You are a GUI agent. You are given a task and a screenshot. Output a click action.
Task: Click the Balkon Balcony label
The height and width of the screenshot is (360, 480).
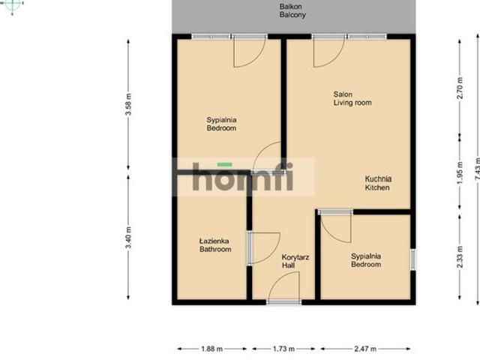[292, 10]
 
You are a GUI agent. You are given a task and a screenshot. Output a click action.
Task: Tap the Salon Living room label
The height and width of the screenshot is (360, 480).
[352, 98]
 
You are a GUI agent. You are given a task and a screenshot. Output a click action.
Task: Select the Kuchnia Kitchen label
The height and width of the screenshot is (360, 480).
[378, 183]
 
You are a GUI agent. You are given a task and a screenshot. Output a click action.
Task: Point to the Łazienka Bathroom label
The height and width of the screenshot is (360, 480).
[215, 245]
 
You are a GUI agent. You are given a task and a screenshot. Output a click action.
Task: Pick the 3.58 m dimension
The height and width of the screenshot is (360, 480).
[129, 104]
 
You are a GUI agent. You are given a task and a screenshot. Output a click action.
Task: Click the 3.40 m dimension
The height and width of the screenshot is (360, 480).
[129, 238]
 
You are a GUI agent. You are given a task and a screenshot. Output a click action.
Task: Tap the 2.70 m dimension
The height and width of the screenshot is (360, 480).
[460, 88]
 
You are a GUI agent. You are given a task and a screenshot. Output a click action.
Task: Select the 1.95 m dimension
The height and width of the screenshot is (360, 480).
[460, 173]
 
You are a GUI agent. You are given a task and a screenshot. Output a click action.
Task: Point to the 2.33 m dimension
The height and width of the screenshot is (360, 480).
[460, 256]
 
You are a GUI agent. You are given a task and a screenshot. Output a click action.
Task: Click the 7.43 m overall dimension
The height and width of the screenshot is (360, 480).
[477, 169]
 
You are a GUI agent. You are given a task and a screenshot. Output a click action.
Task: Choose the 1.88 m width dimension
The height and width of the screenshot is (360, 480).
[211, 349]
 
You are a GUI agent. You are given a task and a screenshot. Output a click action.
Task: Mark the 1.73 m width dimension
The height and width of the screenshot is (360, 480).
[283, 349]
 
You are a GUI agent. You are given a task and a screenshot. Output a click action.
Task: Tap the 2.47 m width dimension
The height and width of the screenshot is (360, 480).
[365, 349]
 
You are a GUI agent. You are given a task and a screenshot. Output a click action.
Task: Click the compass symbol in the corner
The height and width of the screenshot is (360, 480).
[12, 5]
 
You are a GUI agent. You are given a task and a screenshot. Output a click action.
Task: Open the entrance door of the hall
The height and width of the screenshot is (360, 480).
[283, 288]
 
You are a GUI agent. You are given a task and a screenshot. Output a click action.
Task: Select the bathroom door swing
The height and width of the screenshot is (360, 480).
[265, 247]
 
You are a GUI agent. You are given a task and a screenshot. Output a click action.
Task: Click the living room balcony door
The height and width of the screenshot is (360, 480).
[329, 51]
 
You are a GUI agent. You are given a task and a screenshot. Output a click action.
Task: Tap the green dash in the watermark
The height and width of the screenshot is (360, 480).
[225, 165]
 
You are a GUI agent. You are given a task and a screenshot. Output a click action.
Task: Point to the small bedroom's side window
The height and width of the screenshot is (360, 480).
[413, 259]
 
